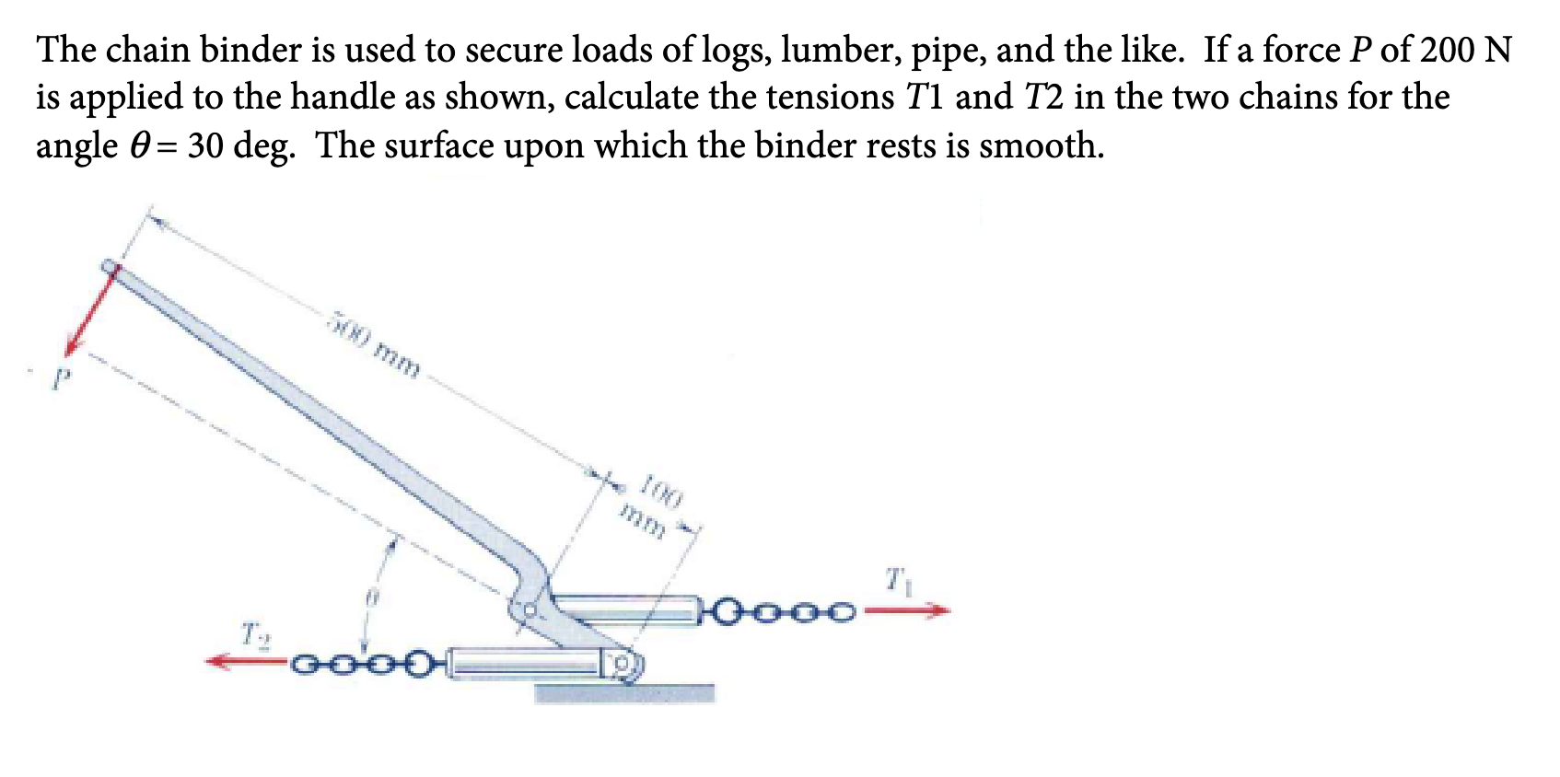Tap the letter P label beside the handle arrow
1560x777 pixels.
point(61,378)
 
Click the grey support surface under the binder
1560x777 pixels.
point(624,692)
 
